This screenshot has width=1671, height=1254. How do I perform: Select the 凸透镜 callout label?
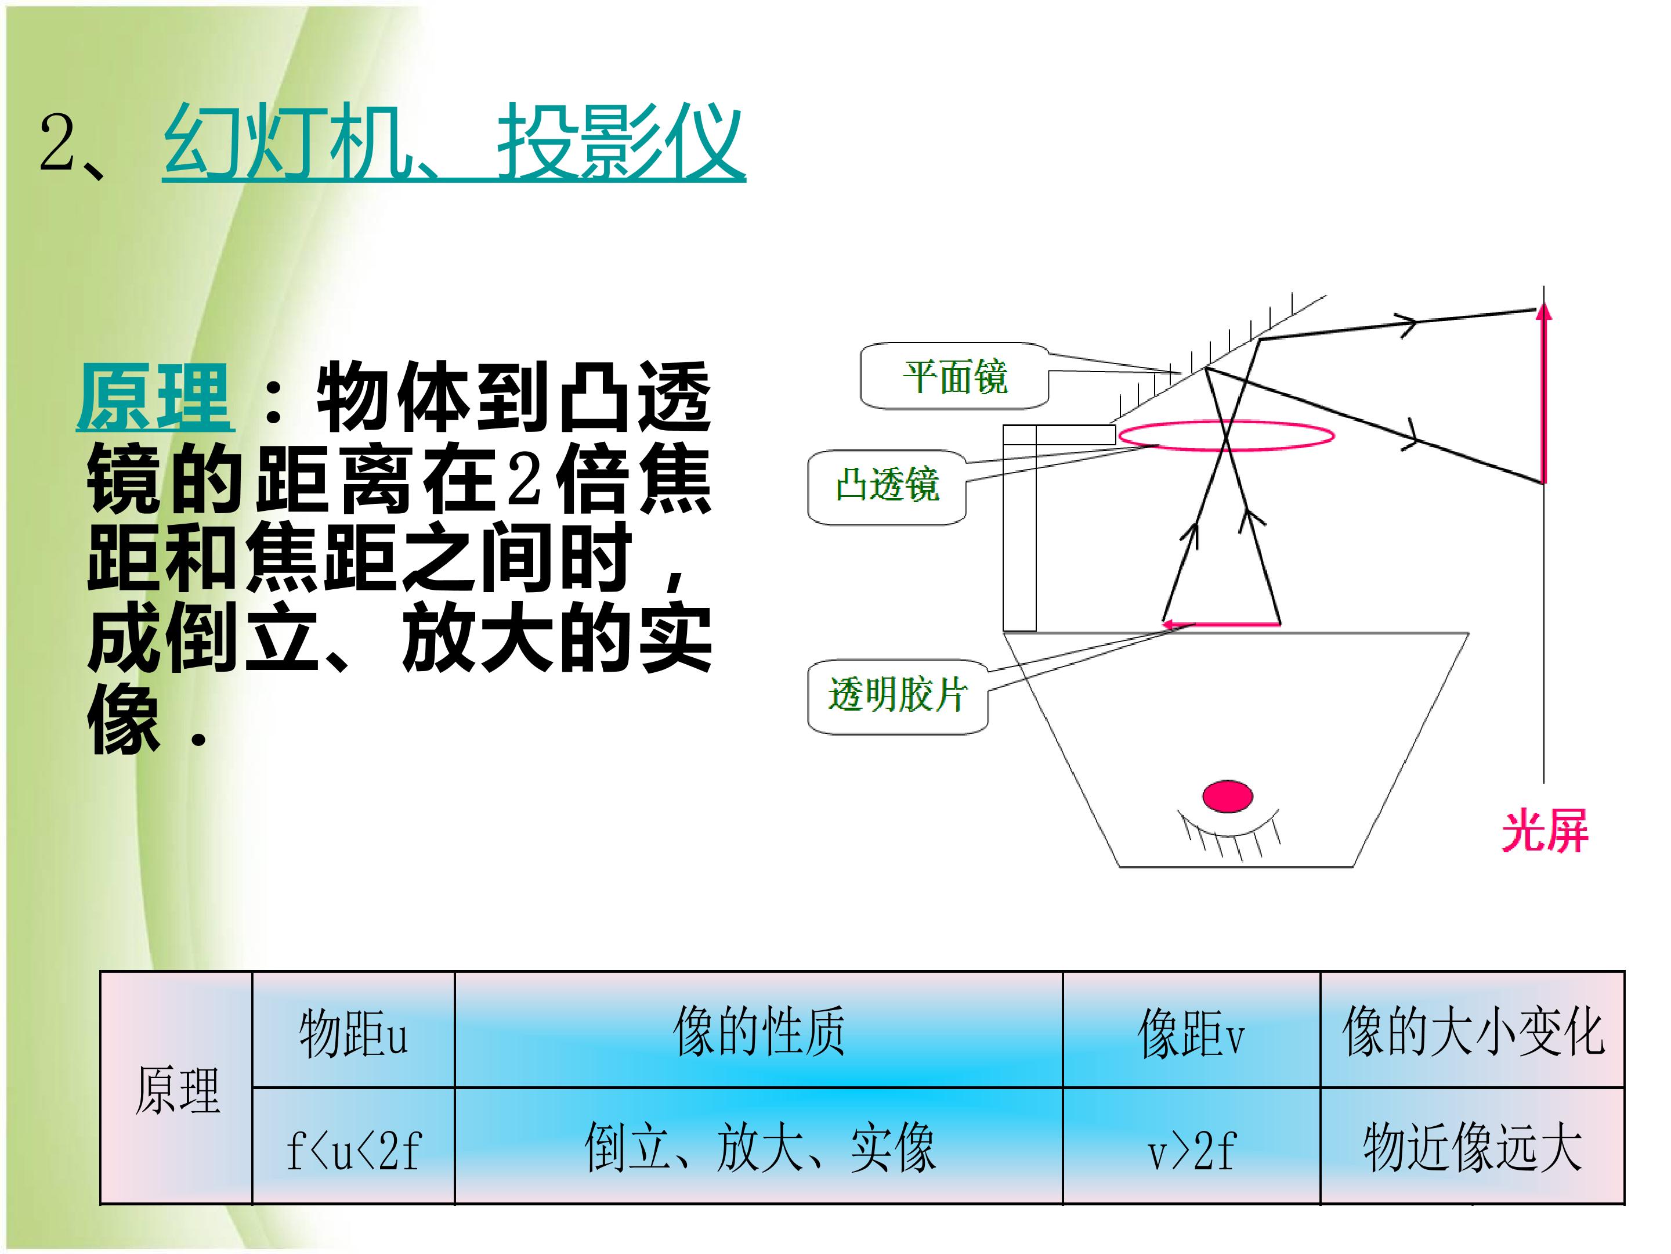(x=887, y=486)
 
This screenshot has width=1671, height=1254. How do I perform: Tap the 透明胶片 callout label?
(x=898, y=696)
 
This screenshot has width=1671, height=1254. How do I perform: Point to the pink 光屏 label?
(x=1546, y=831)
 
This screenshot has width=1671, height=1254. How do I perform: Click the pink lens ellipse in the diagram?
(x=1226, y=423)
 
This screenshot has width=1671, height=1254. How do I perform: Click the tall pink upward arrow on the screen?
(x=1544, y=393)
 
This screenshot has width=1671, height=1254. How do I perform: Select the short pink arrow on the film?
(x=1221, y=624)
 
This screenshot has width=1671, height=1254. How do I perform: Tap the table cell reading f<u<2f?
(x=353, y=1146)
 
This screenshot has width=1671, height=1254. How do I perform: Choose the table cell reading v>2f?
(x=1191, y=1146)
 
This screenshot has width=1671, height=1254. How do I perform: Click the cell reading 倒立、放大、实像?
(x=758, y=1146)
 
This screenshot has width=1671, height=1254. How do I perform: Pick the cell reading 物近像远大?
(x=1473, y=1146)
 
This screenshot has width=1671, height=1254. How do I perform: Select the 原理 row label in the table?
(x=177, y=1089)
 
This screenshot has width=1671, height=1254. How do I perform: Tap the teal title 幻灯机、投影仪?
(x=453, y=143)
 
